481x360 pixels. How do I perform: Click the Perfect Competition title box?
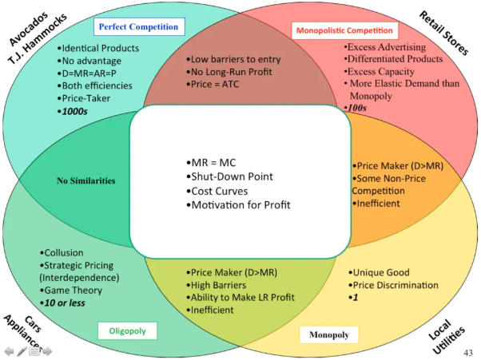coord(139,26)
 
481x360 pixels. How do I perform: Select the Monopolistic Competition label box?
coord(344,30)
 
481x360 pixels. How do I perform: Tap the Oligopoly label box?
coord(127,331)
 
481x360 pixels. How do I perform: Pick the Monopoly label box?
coord(329,334)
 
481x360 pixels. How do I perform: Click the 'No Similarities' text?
coord(86,180)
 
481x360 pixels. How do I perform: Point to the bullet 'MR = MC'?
coord(211,163)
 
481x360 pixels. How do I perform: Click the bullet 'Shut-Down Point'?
coord(229,176)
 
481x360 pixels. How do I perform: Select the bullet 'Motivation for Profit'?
coord(238,205)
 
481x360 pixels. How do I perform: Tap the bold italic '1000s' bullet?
coord(73,111)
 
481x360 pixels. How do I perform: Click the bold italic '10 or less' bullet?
coord(62,303)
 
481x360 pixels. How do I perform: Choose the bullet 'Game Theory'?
coord(71,290)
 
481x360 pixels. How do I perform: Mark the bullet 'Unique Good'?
coord(379,272)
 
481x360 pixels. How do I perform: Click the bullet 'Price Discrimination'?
coord(393,285)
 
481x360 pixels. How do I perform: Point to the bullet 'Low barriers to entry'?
coord(233,59)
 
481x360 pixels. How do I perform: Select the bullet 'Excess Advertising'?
coord(385,47)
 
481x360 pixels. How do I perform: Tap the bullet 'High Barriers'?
coord(217,285)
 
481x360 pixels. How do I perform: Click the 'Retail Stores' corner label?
coord(443,33)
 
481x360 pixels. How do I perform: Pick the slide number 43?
coord(468,353)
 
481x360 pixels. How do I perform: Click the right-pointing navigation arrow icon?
coord(47,351)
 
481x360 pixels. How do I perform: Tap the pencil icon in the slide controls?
coord(22,351)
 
